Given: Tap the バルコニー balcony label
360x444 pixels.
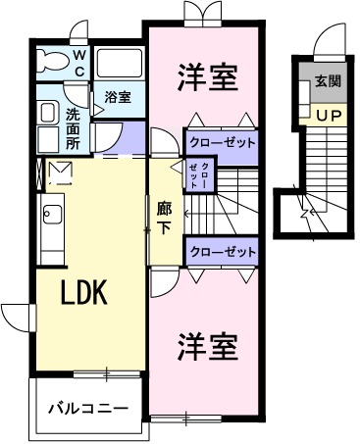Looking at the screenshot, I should [89, 405].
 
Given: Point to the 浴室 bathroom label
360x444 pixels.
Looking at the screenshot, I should [119, 97].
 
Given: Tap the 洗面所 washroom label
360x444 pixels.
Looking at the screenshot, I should [74, 127].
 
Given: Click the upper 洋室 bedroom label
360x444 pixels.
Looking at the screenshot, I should [208, 78].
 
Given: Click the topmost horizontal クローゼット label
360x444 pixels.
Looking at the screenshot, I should [221, 142].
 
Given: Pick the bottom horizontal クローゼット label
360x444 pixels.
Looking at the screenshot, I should [221, 252].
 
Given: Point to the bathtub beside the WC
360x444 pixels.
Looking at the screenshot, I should [121, 66].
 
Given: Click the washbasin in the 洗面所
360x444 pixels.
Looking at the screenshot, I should [46, 114].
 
